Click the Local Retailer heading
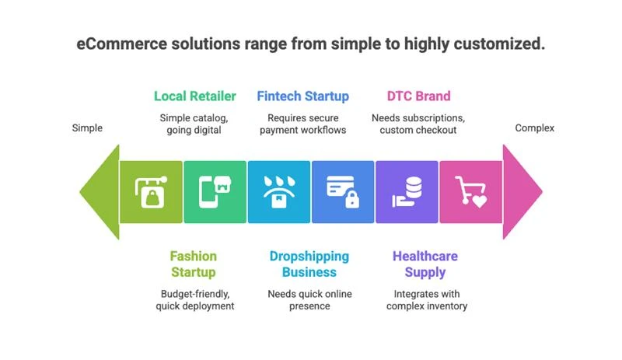[195, 96]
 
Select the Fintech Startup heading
[302, 96]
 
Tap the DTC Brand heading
[418, 96]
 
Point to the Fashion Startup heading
[193, 264]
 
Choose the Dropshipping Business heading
[309, 264]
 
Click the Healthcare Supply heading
[425, 264]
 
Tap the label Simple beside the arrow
[87, 128]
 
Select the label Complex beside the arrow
[534, 128]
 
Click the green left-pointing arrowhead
[100, 192]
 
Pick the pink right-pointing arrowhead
[522, 192]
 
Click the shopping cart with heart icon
[470, 192]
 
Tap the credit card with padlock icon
[343, 192]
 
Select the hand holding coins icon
[407, 192]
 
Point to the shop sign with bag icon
[151, 192]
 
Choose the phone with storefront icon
[215, 192]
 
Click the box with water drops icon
[279, 192]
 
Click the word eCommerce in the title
[122, 44]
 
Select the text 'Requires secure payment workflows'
[302, 124]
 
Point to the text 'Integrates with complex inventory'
[427, 299]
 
